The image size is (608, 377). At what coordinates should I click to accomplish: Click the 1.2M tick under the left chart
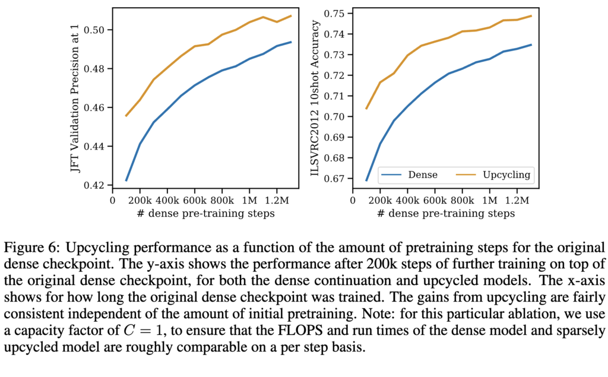click(276, 200)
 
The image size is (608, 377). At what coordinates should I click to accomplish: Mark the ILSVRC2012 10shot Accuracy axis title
click(316, 98)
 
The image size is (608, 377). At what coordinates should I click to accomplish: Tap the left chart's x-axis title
click(202, 213)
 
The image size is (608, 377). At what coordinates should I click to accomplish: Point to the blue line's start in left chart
click(126, 180)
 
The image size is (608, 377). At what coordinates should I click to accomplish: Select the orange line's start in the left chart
click(126, 116)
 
